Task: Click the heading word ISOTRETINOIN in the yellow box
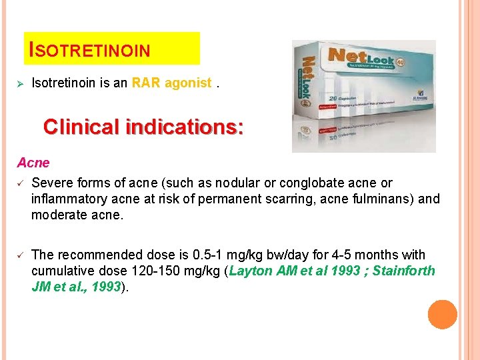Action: pos(91,50)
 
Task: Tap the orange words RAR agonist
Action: pos(172,83)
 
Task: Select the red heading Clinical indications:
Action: pos(143,127)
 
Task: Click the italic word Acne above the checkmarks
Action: pos(33,163)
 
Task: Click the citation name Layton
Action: pos(251,271)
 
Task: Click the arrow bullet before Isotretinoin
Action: pos(20,84)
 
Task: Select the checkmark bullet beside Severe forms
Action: pos(21,183)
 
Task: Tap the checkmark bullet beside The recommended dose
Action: pos(21,255)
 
